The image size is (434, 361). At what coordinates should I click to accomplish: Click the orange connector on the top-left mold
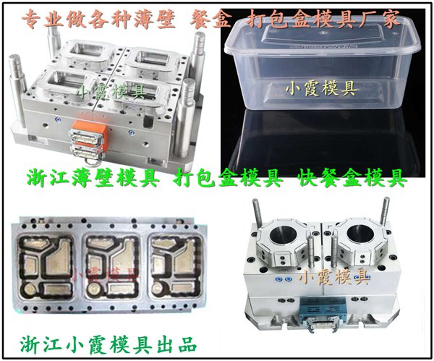click(x=90, y=131)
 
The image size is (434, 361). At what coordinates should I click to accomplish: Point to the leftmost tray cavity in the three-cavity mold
click(x=46, y=268)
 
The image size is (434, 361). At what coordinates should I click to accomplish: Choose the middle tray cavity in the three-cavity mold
click(x=112, y=268)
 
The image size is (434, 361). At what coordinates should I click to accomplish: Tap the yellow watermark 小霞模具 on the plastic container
click(x=321, y=89)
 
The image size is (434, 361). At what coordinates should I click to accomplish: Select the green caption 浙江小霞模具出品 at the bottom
click(x=108, y=344)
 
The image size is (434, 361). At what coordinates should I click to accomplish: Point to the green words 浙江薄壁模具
click(x=93, y=178)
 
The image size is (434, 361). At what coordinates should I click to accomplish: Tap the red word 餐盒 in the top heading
click(x=210, y=19)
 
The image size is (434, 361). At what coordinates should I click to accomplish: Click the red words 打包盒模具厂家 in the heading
click(x=323, y=19)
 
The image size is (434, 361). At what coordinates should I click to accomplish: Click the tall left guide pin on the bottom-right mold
click(x=257, y=213)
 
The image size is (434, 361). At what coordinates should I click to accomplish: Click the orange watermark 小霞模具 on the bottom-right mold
click(x=335, y=276)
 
